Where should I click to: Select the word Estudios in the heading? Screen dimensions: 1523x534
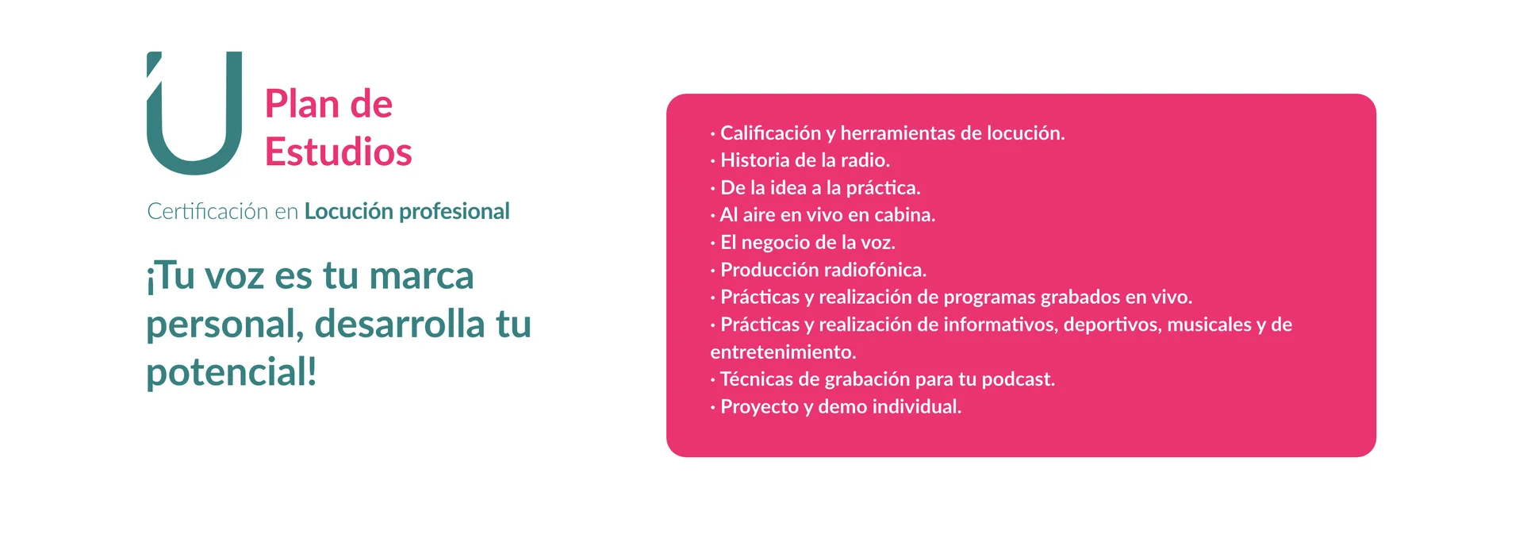pos(339,152)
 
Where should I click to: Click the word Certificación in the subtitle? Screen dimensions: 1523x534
pos(208,211)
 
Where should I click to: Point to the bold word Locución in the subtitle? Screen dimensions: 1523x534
pos(349,211)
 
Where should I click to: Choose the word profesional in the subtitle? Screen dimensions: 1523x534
pos(455,212)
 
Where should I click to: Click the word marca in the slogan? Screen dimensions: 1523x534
pos(421,276)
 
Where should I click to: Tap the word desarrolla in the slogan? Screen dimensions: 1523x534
pos(400,324)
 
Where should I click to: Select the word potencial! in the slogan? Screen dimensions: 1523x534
pos(232,373)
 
